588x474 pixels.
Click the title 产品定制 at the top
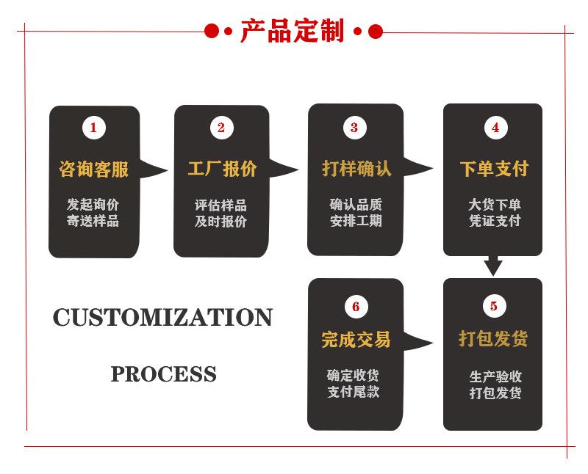coord(293,32)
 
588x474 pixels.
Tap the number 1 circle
coord(93,128)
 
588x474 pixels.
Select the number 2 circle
coord(221,128)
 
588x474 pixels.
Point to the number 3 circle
coord(354,128)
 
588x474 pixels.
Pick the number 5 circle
coord(494,306)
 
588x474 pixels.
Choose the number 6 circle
coord(356,307)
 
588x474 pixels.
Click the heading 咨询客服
coord(93,169)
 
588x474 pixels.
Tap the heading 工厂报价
coord(221,169)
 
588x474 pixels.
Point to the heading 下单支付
coord(494,169)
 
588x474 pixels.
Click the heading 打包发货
coord(493,339)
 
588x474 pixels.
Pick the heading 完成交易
coord(356,340)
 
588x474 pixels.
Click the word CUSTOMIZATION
coord(162,318)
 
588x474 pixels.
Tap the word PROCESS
coord(163,374)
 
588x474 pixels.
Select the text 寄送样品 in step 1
coord(93,221)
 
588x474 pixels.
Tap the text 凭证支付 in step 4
coord(494,221)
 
